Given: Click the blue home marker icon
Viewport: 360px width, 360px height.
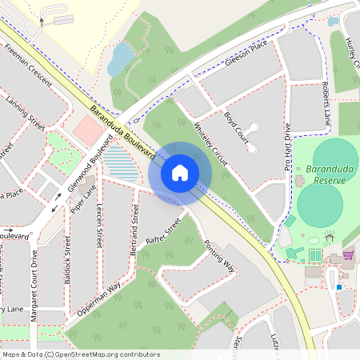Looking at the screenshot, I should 180,171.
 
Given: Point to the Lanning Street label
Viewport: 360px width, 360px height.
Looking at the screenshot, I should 26,113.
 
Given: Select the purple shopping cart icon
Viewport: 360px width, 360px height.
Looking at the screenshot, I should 348,255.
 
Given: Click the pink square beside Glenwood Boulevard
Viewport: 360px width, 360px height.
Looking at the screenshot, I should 84,127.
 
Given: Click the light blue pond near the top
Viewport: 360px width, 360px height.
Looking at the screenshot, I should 121,58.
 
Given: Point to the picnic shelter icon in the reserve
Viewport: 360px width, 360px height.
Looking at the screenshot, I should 329,238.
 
